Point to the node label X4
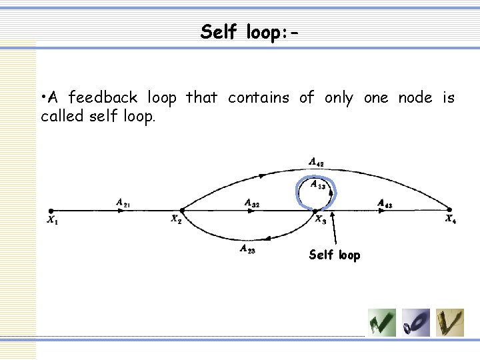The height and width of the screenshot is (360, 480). (451, 219)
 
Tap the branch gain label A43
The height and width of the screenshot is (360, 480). (385, 203)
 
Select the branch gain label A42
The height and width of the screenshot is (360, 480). (316, 161)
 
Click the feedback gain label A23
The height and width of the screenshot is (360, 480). (247, 250)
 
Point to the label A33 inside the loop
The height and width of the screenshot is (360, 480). (317, 185)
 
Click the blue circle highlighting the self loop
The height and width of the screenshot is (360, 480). (298, 190)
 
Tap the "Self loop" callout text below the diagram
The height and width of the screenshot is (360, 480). (335, 255)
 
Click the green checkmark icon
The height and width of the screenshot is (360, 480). (382, 323)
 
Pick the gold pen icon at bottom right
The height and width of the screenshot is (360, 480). (451, 323)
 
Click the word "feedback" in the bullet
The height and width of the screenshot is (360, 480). (113, 99)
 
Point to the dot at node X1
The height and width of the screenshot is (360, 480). (51, 210)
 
